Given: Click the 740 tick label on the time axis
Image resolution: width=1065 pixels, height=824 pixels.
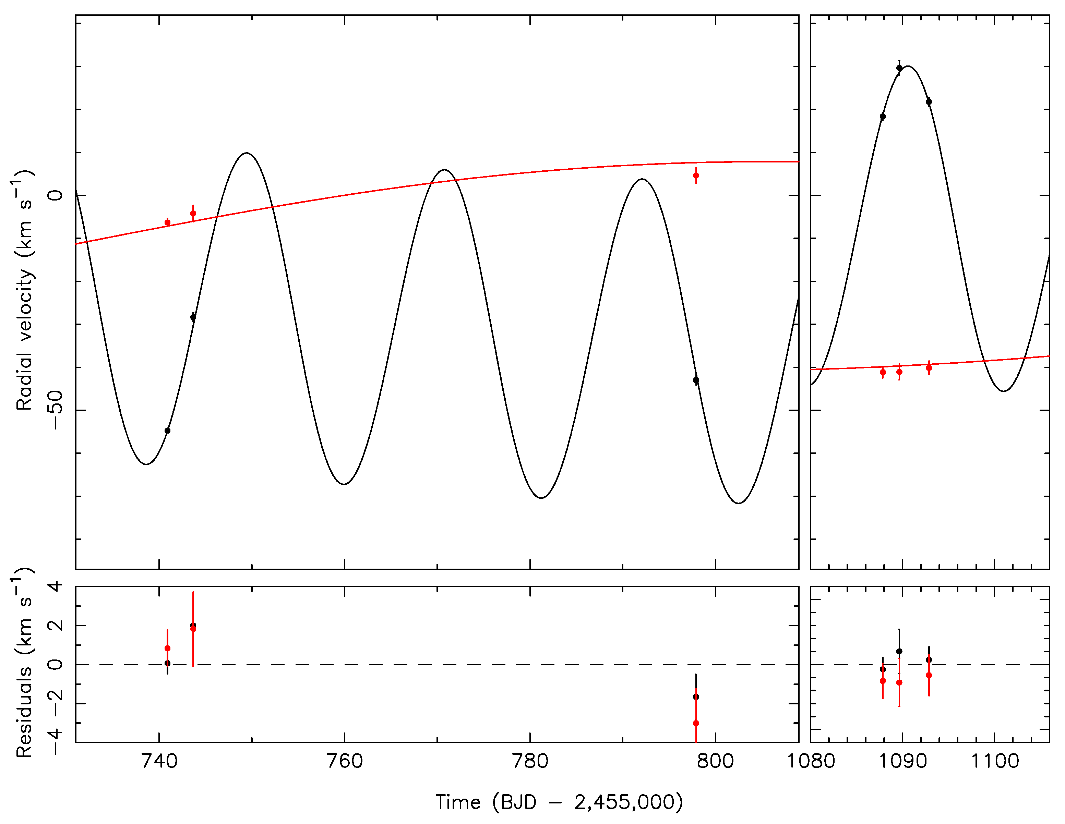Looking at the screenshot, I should (x=159, y=761).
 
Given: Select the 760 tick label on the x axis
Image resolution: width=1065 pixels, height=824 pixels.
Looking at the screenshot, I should (x=344, y=761).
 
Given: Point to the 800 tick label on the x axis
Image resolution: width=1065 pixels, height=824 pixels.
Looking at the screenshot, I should (x=715, y=761).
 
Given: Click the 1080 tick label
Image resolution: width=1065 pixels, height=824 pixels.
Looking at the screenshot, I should (x=811, y=761).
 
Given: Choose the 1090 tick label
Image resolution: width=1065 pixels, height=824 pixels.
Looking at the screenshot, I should (x=902, y=761).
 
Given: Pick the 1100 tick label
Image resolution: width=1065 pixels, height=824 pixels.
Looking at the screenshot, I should (x=995, y=761).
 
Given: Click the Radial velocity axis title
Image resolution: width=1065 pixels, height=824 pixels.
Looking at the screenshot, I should (x=23, y=291).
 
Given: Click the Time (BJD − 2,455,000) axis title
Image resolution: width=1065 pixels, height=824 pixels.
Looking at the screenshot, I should (x=559, y=802).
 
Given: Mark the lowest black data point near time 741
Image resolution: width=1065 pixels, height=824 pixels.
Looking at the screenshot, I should (x=167, y=431).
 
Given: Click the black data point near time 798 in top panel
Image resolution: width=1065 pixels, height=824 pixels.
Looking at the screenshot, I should (x=696, y=380).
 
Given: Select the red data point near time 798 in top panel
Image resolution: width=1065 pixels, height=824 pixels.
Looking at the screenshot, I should (x=696, y=175).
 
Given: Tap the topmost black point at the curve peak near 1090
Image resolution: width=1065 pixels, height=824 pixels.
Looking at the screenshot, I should (x=899, y=68).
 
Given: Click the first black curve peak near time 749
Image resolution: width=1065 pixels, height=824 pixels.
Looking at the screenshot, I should (x=247, y=153).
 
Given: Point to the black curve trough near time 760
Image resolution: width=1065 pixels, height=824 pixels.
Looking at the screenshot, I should (x=344, y=484).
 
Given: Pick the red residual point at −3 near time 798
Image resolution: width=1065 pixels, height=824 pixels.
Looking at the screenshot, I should (x=696, y=723).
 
